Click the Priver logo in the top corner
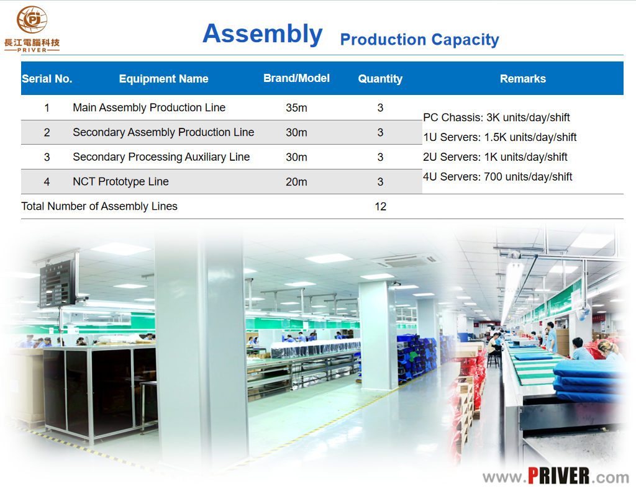[32, 29]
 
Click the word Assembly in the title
[263, 34]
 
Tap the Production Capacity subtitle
[419, 40]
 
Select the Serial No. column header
[47, 79]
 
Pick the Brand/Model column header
[296, 78]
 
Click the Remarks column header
[523, 79]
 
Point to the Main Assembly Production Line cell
[149, 107]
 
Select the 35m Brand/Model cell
[296, 108]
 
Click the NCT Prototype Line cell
[121, 182]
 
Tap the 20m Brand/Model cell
[296, 182]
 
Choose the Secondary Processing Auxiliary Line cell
[161, 157]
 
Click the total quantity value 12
[381, 207]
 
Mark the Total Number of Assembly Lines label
[99, 206]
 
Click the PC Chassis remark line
[496, 117]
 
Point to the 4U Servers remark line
[497, 177]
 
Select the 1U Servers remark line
[500, 137]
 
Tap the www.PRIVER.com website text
[556, 476]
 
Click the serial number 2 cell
[47, 133]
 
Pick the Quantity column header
[380, 79]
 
